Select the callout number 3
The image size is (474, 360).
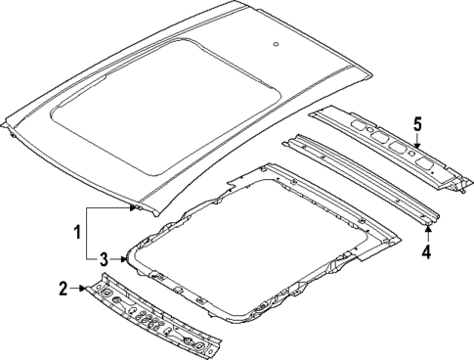click(x=104, y=258)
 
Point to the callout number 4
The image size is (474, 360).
click(x=426, y=251)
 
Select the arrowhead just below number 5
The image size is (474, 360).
click(x=416, y=148)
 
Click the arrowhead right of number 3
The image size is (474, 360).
click(x=121, y=259)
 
